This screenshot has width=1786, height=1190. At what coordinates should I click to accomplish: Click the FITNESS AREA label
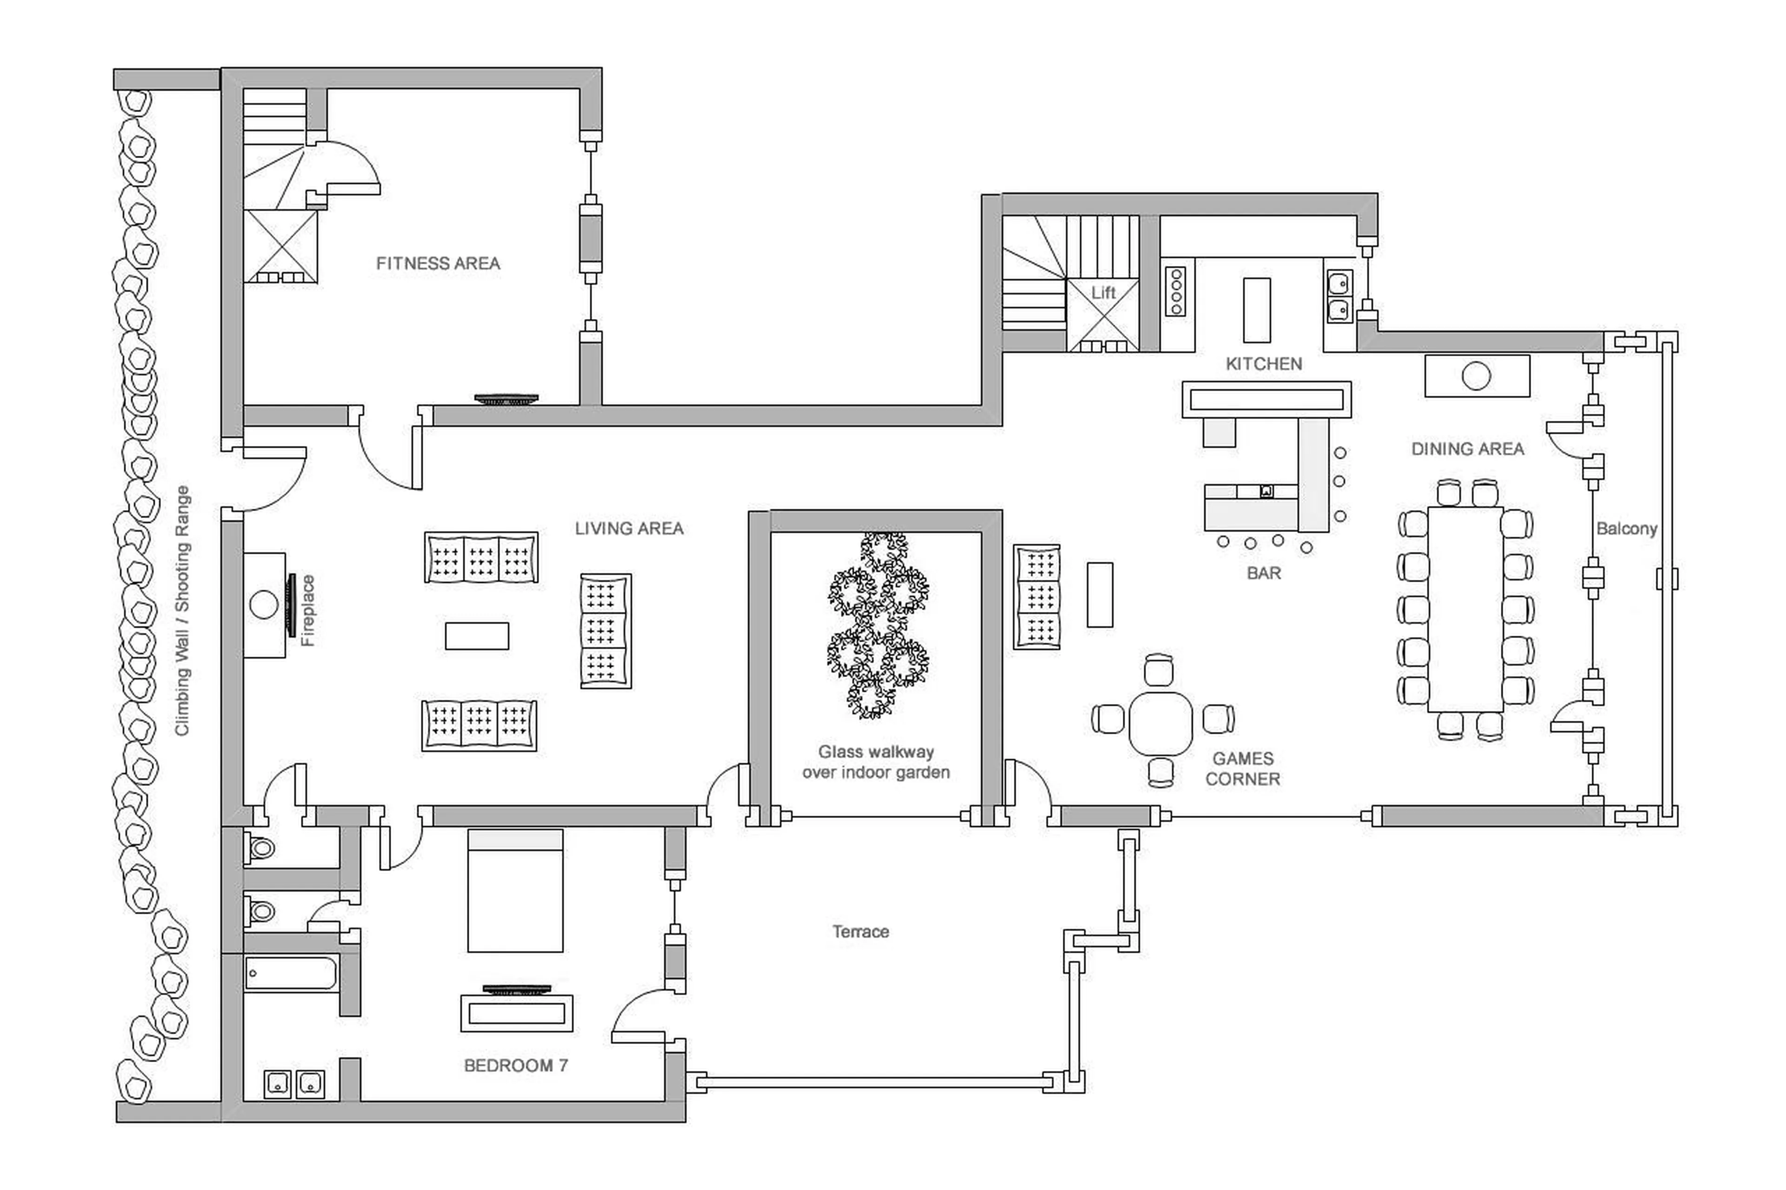[x=438, y=263]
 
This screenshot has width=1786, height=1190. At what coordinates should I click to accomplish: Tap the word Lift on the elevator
[x=1103, y=292]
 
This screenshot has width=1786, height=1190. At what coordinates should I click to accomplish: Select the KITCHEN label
[x=1264, y=364]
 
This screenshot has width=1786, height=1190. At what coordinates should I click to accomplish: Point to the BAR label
[x=1264, y=573]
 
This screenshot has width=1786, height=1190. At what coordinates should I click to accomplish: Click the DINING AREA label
[x=1467, y=449]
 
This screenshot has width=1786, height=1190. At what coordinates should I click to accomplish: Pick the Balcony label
[x=1626, y=528]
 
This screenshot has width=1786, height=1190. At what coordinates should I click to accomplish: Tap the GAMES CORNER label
[x=1243, y=768]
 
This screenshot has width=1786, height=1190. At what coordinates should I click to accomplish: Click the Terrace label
[x=860, y=931]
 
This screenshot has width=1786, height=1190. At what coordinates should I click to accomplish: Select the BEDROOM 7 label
[x=515, y=1065]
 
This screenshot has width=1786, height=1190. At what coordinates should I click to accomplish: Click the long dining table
[x=1465, y=609]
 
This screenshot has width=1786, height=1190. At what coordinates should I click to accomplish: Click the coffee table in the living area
[x=477, y=636]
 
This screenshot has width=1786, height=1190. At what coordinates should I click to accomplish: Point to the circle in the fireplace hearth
[x=263, y=605]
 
